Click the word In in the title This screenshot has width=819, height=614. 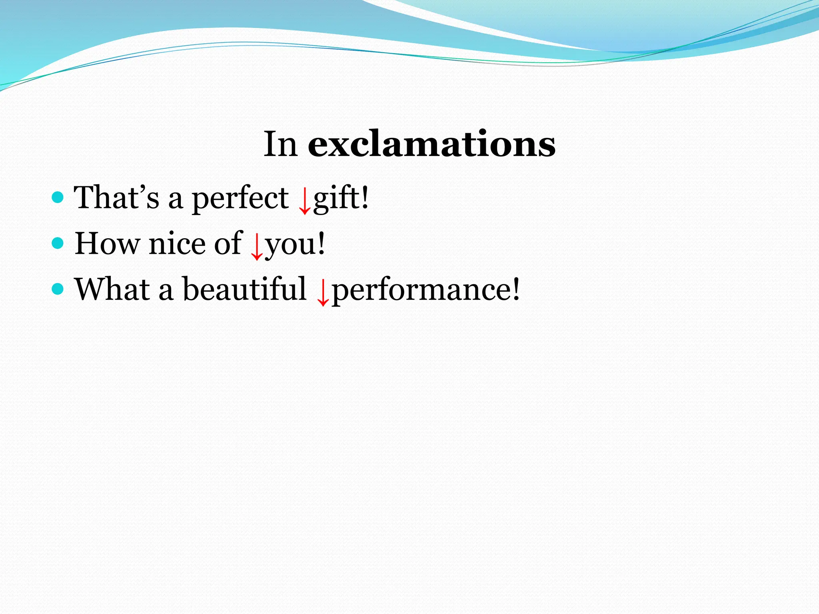[280, 144]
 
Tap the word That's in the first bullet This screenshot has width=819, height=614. [116, 197]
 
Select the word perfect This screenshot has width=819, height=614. [240, 198]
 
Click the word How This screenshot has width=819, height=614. [108, 243]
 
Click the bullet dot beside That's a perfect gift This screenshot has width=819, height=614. [58, 197]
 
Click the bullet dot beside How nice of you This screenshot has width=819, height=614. [58, 243]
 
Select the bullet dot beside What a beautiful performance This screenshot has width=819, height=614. [58, 289]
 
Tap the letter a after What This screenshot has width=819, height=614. [166, 291]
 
